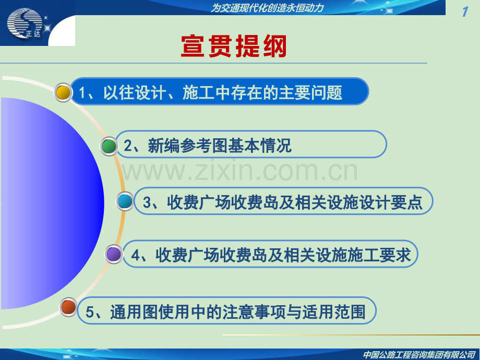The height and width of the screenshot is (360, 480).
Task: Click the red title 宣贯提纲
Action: (x=234, y=46)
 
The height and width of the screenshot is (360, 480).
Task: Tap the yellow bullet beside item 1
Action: (x=63, y=92)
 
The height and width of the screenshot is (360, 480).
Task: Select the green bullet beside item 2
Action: (x=109, y=146)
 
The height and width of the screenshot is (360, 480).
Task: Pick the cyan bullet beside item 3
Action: (x=125, y=201)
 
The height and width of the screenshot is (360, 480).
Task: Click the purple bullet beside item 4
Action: (x=114, y=254)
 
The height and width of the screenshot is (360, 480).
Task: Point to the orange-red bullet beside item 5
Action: (x=68, y=307)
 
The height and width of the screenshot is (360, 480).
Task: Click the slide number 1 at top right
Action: (x=465, y=12)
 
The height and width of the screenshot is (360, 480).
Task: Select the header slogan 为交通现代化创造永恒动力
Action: (x=267, y=8)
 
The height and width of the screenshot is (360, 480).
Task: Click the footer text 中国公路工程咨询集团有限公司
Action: (x=419, y=354)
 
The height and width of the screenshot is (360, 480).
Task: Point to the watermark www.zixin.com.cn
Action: (x=240, y=171)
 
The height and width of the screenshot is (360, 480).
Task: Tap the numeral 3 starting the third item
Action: (x=147, y=202)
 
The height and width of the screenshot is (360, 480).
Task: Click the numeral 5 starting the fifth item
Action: (x=90, y=312)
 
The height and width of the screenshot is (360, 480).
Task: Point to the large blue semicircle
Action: (x=52, y=203)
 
